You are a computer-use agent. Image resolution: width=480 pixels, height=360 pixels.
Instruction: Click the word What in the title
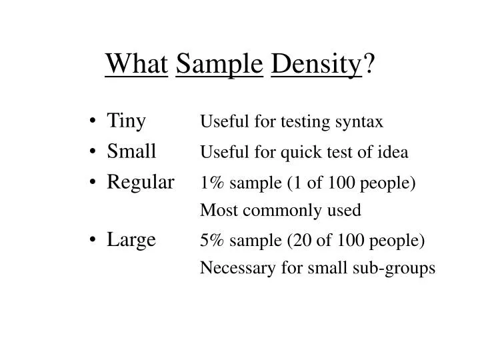click(x=136, y=64)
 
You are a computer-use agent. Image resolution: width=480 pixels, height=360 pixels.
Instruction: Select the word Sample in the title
click(x=219, y=64)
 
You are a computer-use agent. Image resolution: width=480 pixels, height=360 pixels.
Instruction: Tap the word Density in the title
click(x=317, y=64)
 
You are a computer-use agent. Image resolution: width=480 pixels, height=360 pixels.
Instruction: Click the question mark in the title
click(x=369, y=64)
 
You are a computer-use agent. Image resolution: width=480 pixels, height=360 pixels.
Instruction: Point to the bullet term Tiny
click(x=126, y=121)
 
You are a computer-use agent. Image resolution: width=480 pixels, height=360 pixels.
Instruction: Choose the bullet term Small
click(x=131, y=151)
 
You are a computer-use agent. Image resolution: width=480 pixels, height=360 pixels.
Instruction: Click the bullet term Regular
click(x=141, y=181)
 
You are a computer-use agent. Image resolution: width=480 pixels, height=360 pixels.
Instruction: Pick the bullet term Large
click(x=131, y=239)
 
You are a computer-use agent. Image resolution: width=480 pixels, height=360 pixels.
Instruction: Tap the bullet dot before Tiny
click(x=93, y=122)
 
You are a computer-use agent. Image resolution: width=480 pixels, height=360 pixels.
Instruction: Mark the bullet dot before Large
click(x=93, y=239)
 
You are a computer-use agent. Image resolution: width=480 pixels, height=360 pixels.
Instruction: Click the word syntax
click(x=362, y=122)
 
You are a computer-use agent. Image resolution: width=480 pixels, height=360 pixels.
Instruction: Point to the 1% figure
click(x=213, y=182)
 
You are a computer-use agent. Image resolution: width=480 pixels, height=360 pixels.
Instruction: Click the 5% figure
click(x=213, y=239)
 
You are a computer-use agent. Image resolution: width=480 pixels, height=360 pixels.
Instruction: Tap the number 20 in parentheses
click(x=299, y=239)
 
